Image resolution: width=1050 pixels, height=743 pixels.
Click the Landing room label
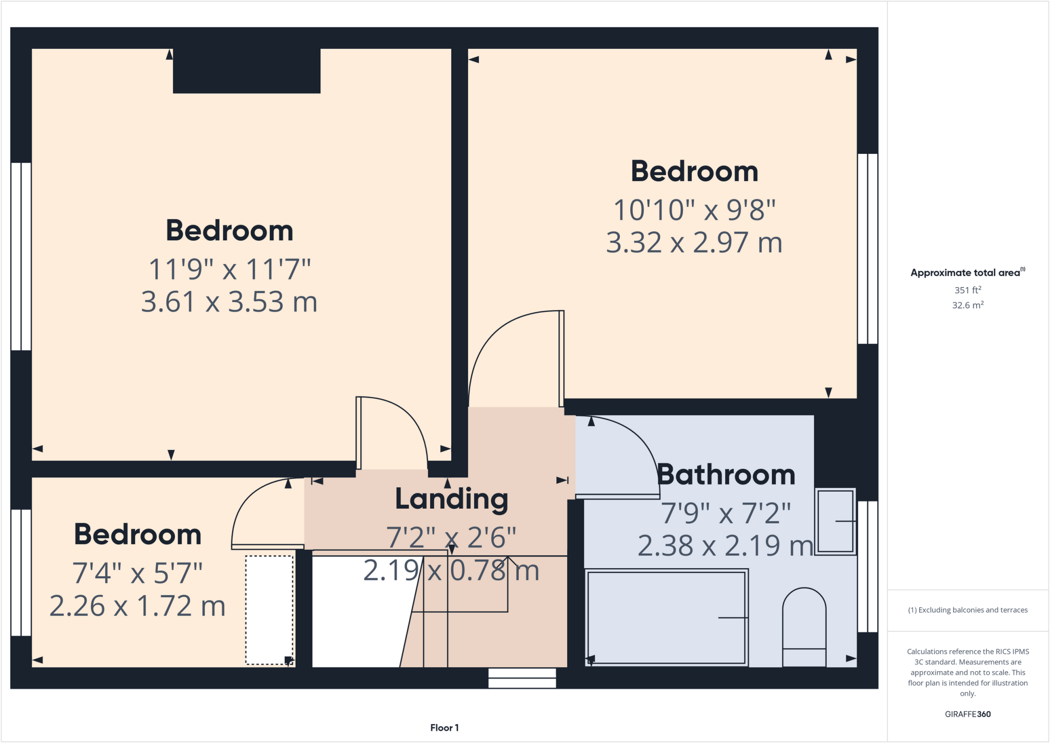(451, 499)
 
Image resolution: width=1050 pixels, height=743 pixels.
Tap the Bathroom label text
(726, 475)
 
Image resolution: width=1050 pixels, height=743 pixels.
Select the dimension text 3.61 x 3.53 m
(229, 302)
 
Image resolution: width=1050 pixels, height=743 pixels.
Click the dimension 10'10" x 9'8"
(694, 210)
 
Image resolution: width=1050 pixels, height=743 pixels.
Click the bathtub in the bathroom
(666, 617)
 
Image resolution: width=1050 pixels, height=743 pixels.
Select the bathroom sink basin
(835, 521)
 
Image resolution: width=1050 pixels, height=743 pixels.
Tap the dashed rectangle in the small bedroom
(269, 610)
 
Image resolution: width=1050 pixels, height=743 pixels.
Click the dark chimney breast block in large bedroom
(247, 71)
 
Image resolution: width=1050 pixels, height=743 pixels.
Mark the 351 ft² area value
(967, 290)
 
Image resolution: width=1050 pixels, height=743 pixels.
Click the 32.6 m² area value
(967, 305)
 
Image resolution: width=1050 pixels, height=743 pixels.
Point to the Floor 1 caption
(445, 728)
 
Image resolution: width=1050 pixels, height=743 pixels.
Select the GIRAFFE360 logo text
(967, 714)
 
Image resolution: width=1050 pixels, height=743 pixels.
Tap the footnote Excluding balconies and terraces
(967, 610)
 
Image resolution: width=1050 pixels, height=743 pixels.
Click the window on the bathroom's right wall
(867, 566)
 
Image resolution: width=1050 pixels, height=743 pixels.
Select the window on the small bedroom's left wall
(21, 572)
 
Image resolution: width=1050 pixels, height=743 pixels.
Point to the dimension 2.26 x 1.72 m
(137, 606)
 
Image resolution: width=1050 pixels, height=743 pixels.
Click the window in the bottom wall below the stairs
(522, 678)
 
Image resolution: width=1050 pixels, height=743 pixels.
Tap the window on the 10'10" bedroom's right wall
(867, 249)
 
